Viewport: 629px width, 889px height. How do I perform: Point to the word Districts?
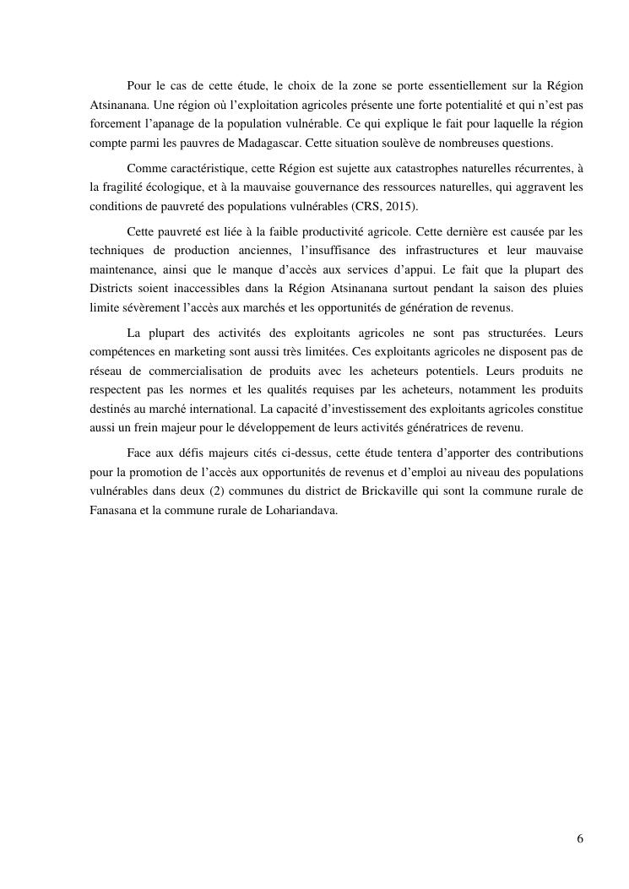pyautogui.click(x=112, y=290)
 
